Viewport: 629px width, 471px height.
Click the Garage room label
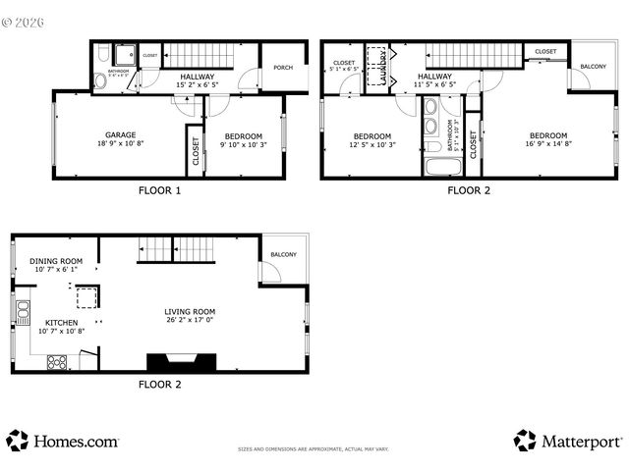tap(121, 135)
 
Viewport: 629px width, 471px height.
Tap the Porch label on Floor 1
tap(283, 68)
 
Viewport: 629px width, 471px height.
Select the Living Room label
tap(190, 311)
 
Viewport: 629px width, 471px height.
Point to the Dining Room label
tap(56, 261)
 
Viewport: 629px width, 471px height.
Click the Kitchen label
tap(61, 322)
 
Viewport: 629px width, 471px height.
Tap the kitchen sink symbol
tap(22, 313)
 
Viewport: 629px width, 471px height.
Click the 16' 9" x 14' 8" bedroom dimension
tap(548, 144)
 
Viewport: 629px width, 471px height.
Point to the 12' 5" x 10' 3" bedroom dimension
tap(372, 144)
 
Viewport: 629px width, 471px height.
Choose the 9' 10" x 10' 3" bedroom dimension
tap(243, 144)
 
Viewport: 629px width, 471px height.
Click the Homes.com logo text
tap(76, 442)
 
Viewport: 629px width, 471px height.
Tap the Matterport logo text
tap(581, 442)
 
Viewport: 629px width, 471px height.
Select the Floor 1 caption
tap(158, 191)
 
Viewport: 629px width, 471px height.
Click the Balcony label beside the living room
tap(283, 255)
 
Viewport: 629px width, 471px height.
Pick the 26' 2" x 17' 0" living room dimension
tap(190, 320)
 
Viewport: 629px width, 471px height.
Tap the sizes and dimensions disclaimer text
tap(314, 449)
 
